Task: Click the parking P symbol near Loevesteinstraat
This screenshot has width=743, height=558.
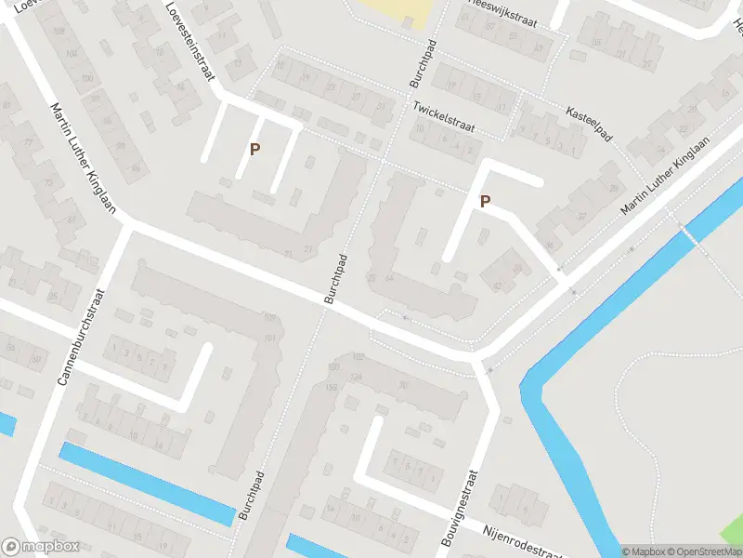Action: (x=254, y=149)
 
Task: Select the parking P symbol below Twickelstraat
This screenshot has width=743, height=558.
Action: (x=485, y=201)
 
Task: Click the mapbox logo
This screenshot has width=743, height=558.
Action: (x=39, y=547)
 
